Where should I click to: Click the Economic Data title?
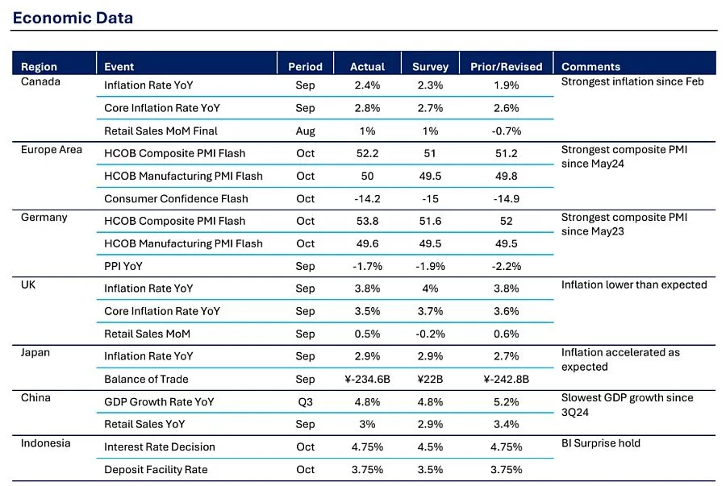(x=73, y=18)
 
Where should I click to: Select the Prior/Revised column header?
(x=507, y=67)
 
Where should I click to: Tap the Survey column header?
(x=430, y=67)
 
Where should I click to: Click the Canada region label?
(x=40, y=81)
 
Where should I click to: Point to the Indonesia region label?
(x=46, y=443)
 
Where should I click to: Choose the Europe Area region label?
(x=52, y=150)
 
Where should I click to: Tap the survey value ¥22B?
(x=430, y=379)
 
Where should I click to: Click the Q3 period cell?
(x=305, y=401)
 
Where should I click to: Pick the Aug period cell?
(x=305, y=131)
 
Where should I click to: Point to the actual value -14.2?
(x=367, y=198)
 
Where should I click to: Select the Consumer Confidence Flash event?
(x=176, y=198)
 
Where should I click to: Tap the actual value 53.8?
(x=367, y=221)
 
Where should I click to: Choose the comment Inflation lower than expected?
(x=634, y=285)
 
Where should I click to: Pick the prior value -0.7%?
(x=507, y=131)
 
